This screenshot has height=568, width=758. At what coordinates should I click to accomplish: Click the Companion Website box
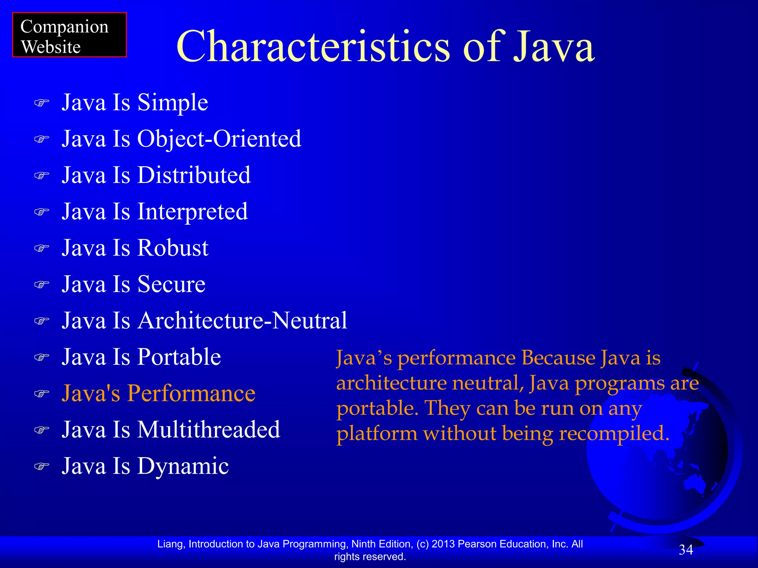click(69, 35)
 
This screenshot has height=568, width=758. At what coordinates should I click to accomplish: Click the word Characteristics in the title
click(313, 47)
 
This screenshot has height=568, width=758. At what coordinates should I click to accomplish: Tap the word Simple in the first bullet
click(172, 103)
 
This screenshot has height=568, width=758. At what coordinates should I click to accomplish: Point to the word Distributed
click(194, 175)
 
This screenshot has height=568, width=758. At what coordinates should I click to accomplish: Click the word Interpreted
click(192, 212)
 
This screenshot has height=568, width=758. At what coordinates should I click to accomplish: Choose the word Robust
click(173, 248)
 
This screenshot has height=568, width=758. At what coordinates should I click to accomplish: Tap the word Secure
click(171, 284)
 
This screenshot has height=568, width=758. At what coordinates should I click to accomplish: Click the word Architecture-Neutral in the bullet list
click(242, 321)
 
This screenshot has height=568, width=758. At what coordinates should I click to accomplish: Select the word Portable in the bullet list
click(179, 357)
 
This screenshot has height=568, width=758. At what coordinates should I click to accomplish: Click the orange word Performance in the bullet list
click(191, 393)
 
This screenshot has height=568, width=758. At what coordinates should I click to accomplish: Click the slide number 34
click(686, 550)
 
